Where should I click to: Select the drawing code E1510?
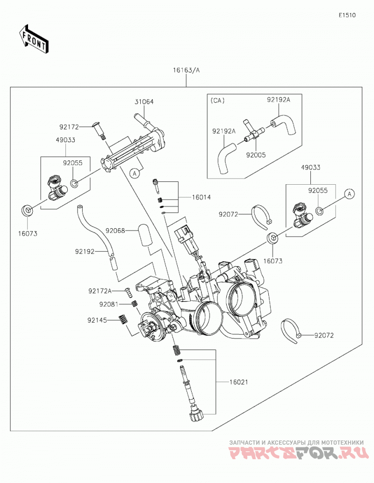click(347, 15)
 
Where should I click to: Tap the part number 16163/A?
click(186, 70)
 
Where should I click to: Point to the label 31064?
click(144, 101)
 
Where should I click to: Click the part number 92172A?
click(100, 291)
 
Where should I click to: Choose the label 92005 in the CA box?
click(256, 155)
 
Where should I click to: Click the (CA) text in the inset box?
click(217, 101)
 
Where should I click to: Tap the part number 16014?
click(201, 197)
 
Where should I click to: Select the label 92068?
click(115, 231)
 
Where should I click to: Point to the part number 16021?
click(238, 382)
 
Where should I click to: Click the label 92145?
click(97, 320)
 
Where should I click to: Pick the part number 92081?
click(109, 304)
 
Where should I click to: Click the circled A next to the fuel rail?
click(134, 174)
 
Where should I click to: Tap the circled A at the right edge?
click(349, 194)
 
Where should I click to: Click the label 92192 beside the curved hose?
click(85, 252)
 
